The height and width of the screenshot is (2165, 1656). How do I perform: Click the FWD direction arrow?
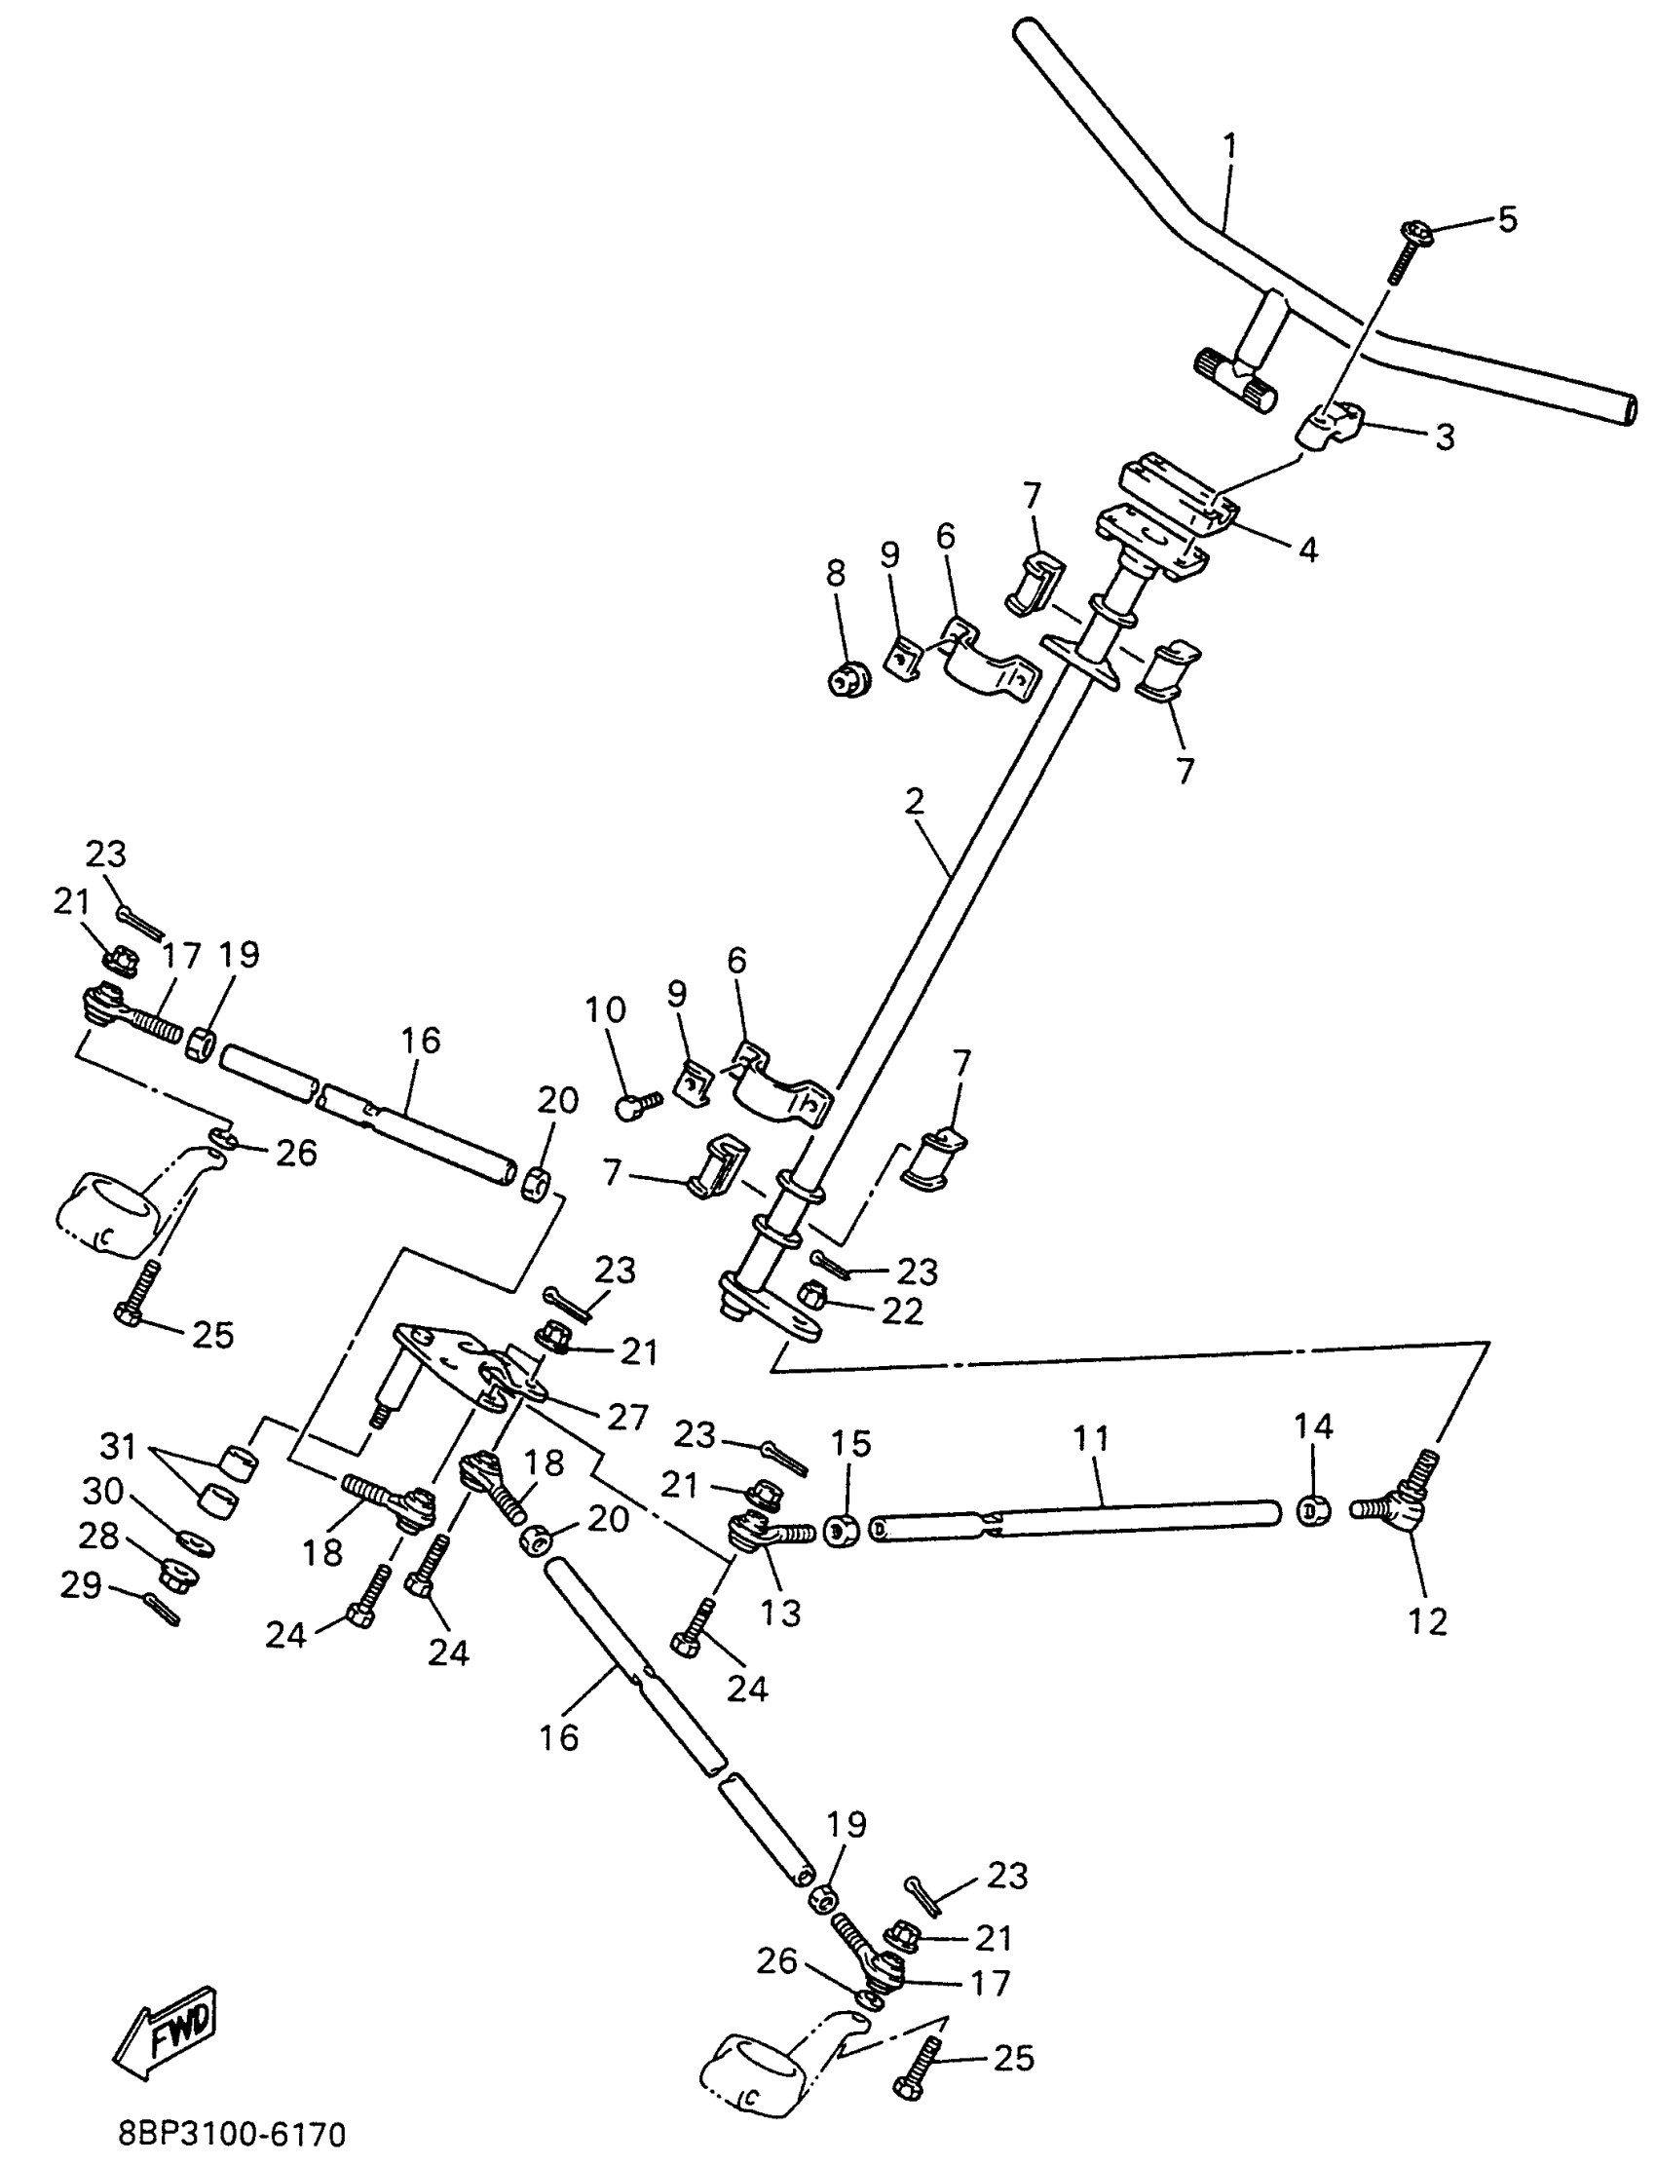[165, 2033]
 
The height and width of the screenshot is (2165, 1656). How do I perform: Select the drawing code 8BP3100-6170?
[233, 2136]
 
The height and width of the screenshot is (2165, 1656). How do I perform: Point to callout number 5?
[1507, 219]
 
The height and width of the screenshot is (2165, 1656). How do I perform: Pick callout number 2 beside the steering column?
[915, 802]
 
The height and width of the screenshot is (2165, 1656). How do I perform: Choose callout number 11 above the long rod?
[1091, 1438]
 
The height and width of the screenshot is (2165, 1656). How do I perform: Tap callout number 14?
[1314, 1425]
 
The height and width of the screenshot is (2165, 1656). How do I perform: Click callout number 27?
[629, 1417]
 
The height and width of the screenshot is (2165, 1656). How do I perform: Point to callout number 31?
[119, 1446]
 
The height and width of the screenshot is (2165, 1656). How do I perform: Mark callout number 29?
[81, 1585]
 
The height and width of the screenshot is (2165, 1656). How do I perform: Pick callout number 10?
[605, 1009]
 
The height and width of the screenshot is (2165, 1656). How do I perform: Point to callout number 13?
[780, 1614]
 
